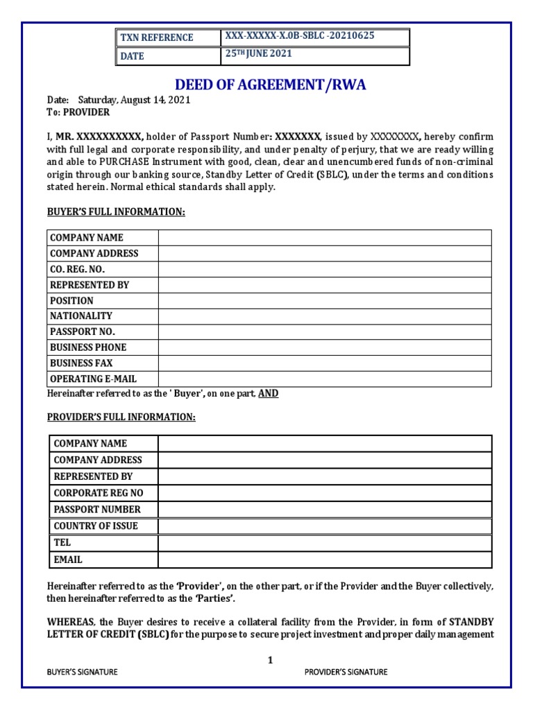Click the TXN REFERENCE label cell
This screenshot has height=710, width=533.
(156, 37)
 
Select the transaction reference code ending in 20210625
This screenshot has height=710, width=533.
(299, 36)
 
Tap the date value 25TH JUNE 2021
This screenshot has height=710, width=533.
(257, 54)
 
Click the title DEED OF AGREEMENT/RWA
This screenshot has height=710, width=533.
(270, 85)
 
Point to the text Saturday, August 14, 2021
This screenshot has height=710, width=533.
(134, 100)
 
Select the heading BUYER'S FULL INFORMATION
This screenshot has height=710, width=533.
(116, 211)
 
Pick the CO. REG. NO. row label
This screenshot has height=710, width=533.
(78, 269)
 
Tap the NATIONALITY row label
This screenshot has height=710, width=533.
(81, 315)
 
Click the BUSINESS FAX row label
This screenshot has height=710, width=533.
(81, 363)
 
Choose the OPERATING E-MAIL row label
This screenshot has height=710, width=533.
(93, 379)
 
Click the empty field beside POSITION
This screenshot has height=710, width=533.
(325, 300)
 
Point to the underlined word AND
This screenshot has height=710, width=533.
(268, 393)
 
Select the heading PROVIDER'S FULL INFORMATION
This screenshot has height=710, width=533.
(121, 417)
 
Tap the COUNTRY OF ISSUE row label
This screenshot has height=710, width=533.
(96, 526)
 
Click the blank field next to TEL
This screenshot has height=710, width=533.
(325, 542)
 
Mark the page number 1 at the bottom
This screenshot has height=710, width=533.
(271, 661)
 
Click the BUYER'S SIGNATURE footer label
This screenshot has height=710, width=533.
(82, 672)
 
